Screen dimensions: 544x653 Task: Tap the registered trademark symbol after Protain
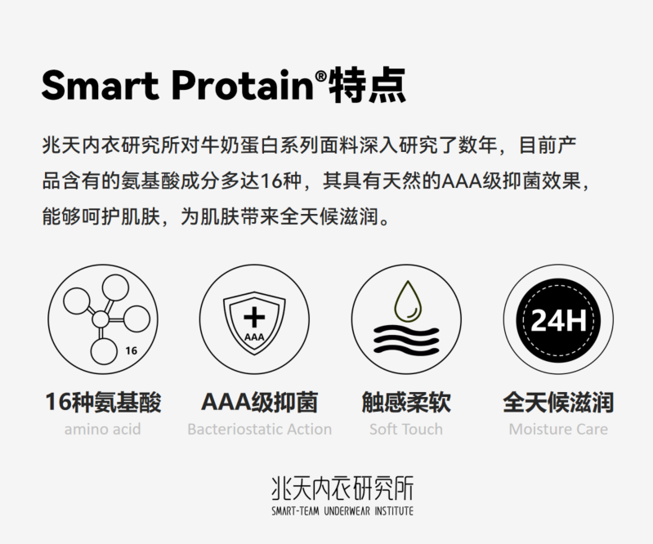coord(320,75)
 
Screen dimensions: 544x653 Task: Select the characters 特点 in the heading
coord(366,84)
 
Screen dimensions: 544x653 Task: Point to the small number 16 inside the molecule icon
coord(132,351)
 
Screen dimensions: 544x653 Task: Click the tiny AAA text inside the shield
coord(254,335)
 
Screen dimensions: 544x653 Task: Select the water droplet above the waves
coord(406,300)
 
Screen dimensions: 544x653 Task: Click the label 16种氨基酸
coord(102,403)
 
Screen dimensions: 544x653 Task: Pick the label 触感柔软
coord(406,403)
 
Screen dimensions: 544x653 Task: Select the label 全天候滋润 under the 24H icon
coord(558,403)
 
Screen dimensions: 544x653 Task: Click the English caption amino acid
coord(102,429)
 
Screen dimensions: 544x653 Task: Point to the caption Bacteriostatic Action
coord(259,429)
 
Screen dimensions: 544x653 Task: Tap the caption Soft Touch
coord(406,429)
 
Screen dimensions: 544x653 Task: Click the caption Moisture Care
coord(558,429)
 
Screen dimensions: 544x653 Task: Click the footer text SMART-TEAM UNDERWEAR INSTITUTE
coord(342,511)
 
